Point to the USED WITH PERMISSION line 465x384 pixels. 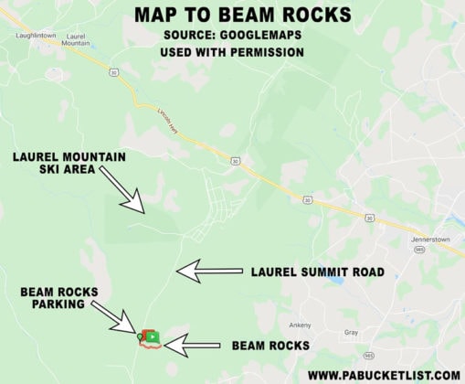coord(232,52)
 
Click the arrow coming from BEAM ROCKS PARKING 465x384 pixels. coord(117,321)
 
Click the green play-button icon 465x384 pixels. coord(153,336)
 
